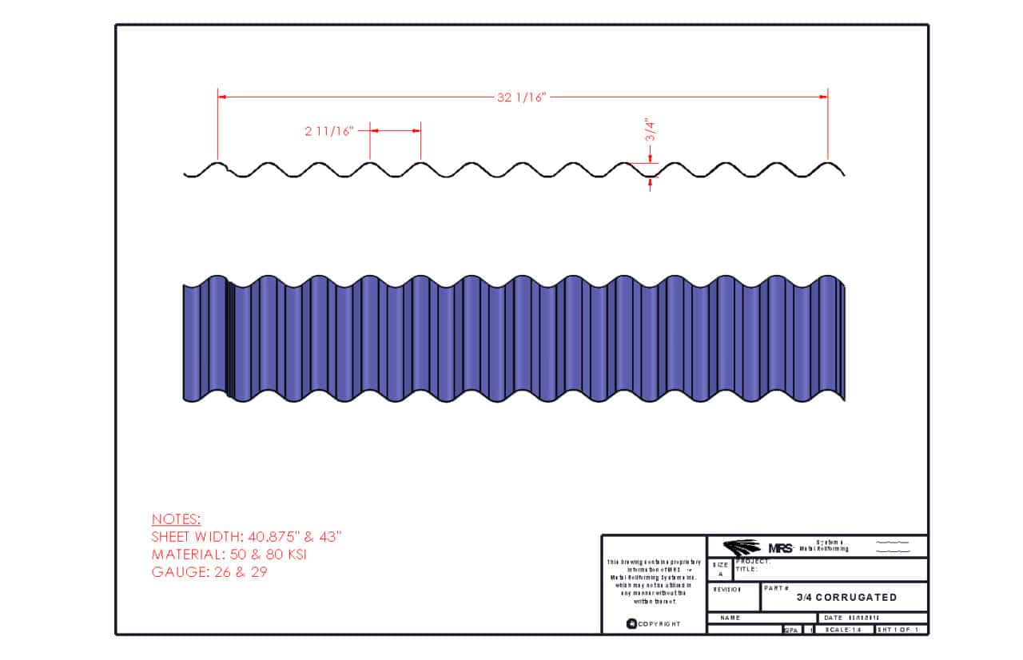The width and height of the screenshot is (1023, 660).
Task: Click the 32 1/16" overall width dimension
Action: pos(521,97)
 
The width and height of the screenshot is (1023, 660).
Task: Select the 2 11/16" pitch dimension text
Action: pos(328,131)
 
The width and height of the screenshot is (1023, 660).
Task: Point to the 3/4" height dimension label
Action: pos(651,130)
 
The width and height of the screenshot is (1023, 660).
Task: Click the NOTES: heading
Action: pos(176,519)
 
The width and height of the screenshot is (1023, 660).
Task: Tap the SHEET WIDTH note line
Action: pos(246,537)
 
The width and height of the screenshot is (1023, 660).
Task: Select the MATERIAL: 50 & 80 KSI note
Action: pos(229,555)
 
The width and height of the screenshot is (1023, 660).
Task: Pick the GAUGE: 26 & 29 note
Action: pos(209,572)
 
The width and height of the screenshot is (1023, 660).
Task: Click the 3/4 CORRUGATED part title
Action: pos(846,598)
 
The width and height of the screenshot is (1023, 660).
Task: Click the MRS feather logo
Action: pos(742,547)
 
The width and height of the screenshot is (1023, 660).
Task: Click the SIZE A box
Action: pos(720,569)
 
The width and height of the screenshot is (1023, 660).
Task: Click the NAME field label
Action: pos(730,618)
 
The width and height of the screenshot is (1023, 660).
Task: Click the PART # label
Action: pos(776,588)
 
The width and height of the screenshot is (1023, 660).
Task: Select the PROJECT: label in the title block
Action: pos(753,562)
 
